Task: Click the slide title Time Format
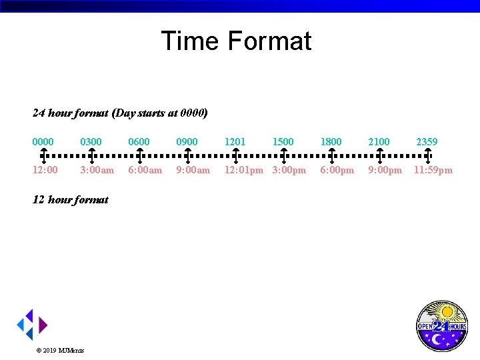pos(236,41)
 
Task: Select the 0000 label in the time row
pos(43,141)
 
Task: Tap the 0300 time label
pos(91,141)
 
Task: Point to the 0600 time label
pos(139,141)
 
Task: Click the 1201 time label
pos(235,141)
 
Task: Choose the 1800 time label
pos(331,141)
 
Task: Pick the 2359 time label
pos(427,141)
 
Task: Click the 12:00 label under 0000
pos(45,170)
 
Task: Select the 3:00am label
pos(97,170)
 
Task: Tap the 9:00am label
pos(193,170)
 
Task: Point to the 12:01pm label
pos(243,170)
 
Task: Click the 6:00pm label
pos(337,170)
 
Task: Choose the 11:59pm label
pos(433,170)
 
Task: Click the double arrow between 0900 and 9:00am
pos(188,155)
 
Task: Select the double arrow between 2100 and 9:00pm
pos(379,155)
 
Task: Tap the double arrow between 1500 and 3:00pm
pos(283,155)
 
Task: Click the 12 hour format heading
pos(71,199)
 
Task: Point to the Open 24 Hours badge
pos(441,326)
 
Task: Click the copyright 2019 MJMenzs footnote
pos(60,350)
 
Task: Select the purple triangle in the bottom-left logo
pos(43,325)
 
